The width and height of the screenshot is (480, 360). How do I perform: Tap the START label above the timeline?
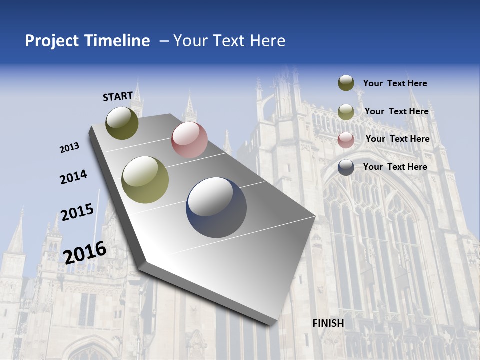118,96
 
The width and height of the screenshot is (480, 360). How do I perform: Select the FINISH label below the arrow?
328,323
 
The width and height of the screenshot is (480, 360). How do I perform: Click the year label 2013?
70,148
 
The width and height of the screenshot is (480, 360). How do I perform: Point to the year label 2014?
73,177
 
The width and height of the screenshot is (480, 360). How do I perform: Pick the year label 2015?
77,212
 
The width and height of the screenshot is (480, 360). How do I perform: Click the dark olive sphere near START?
122,123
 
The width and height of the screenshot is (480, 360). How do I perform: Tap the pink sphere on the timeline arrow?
189,140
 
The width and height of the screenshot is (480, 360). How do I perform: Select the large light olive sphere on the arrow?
145,180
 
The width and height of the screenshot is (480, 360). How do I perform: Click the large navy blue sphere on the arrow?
216,207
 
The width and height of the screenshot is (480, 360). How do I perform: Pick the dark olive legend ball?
346,83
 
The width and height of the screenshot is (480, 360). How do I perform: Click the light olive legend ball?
346,112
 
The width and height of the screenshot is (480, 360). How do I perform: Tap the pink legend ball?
346,140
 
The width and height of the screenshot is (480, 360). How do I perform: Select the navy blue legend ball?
346,167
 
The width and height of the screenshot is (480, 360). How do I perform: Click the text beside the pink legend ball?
397,139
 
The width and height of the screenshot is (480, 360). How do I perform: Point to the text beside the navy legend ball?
395,167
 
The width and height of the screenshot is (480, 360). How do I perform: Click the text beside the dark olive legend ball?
395,83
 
